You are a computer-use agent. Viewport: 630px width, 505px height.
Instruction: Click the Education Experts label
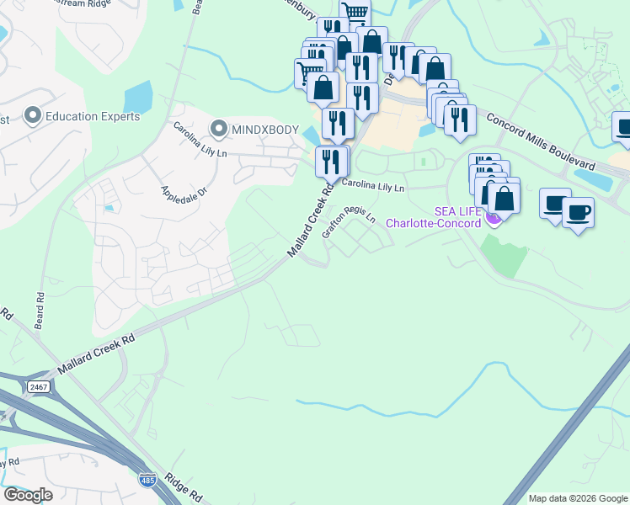click(93, 116)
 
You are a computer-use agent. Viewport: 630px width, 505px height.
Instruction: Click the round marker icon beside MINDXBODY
click(219, 129)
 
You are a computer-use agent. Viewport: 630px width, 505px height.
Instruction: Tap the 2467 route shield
click(38, 386)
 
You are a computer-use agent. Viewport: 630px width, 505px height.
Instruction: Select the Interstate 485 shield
click(147, 479)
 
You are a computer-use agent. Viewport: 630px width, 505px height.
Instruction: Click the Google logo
click(28, 495)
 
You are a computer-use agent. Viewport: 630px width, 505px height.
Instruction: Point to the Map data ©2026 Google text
click(577, 498)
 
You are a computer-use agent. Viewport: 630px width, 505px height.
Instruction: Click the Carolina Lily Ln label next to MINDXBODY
click(200, 141)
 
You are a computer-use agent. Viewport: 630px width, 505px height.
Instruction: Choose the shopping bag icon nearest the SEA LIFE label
click(504, 198)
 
